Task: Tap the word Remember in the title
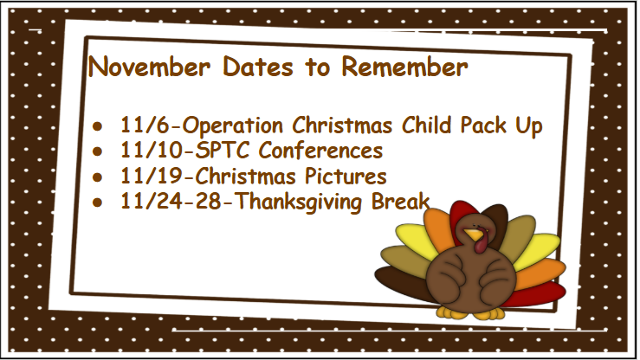pos(405,67)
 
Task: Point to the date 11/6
pos(139,126)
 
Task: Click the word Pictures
pos(342,177)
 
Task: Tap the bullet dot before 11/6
pos(99,127)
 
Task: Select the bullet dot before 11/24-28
pos(99,202)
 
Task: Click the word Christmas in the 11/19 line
pos(243,177)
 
